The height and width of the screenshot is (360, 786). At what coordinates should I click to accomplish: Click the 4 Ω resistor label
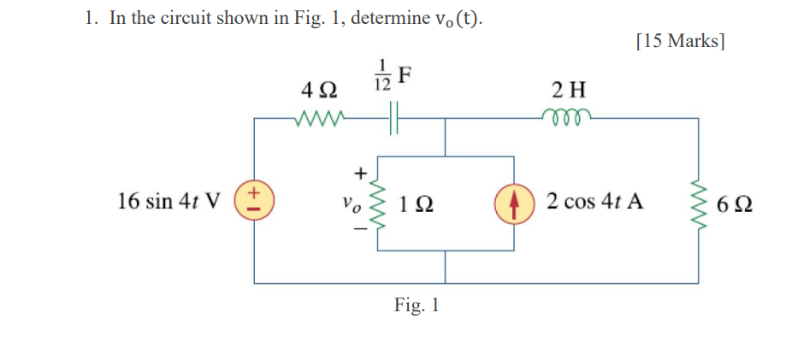[x=319, y=89]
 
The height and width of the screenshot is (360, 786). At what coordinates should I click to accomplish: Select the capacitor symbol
[x=393, y=120]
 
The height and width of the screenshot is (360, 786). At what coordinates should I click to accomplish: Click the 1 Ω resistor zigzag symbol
[x=377, y=204]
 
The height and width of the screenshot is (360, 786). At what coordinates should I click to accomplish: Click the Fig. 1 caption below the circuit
[x=417, y=305]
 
